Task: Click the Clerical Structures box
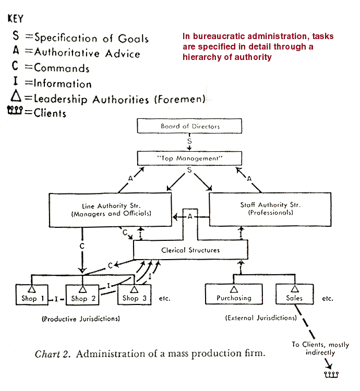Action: (190, 250)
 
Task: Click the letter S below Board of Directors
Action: (189, 141)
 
